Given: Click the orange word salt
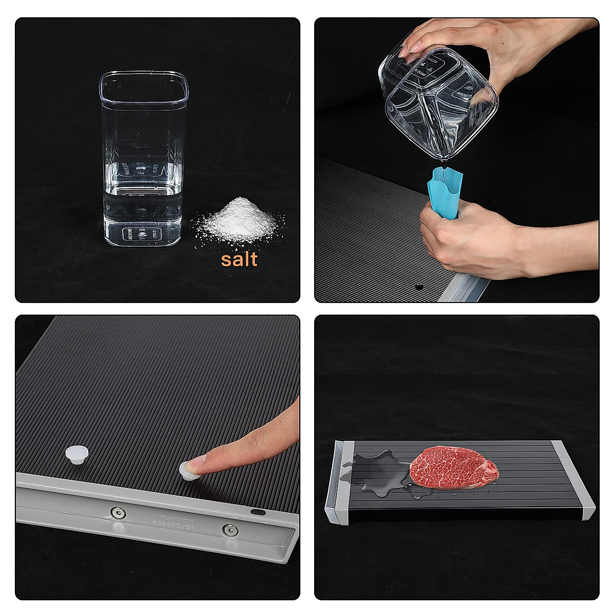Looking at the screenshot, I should [x=239, y=258].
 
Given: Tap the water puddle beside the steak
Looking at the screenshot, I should [x=381, y=470].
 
